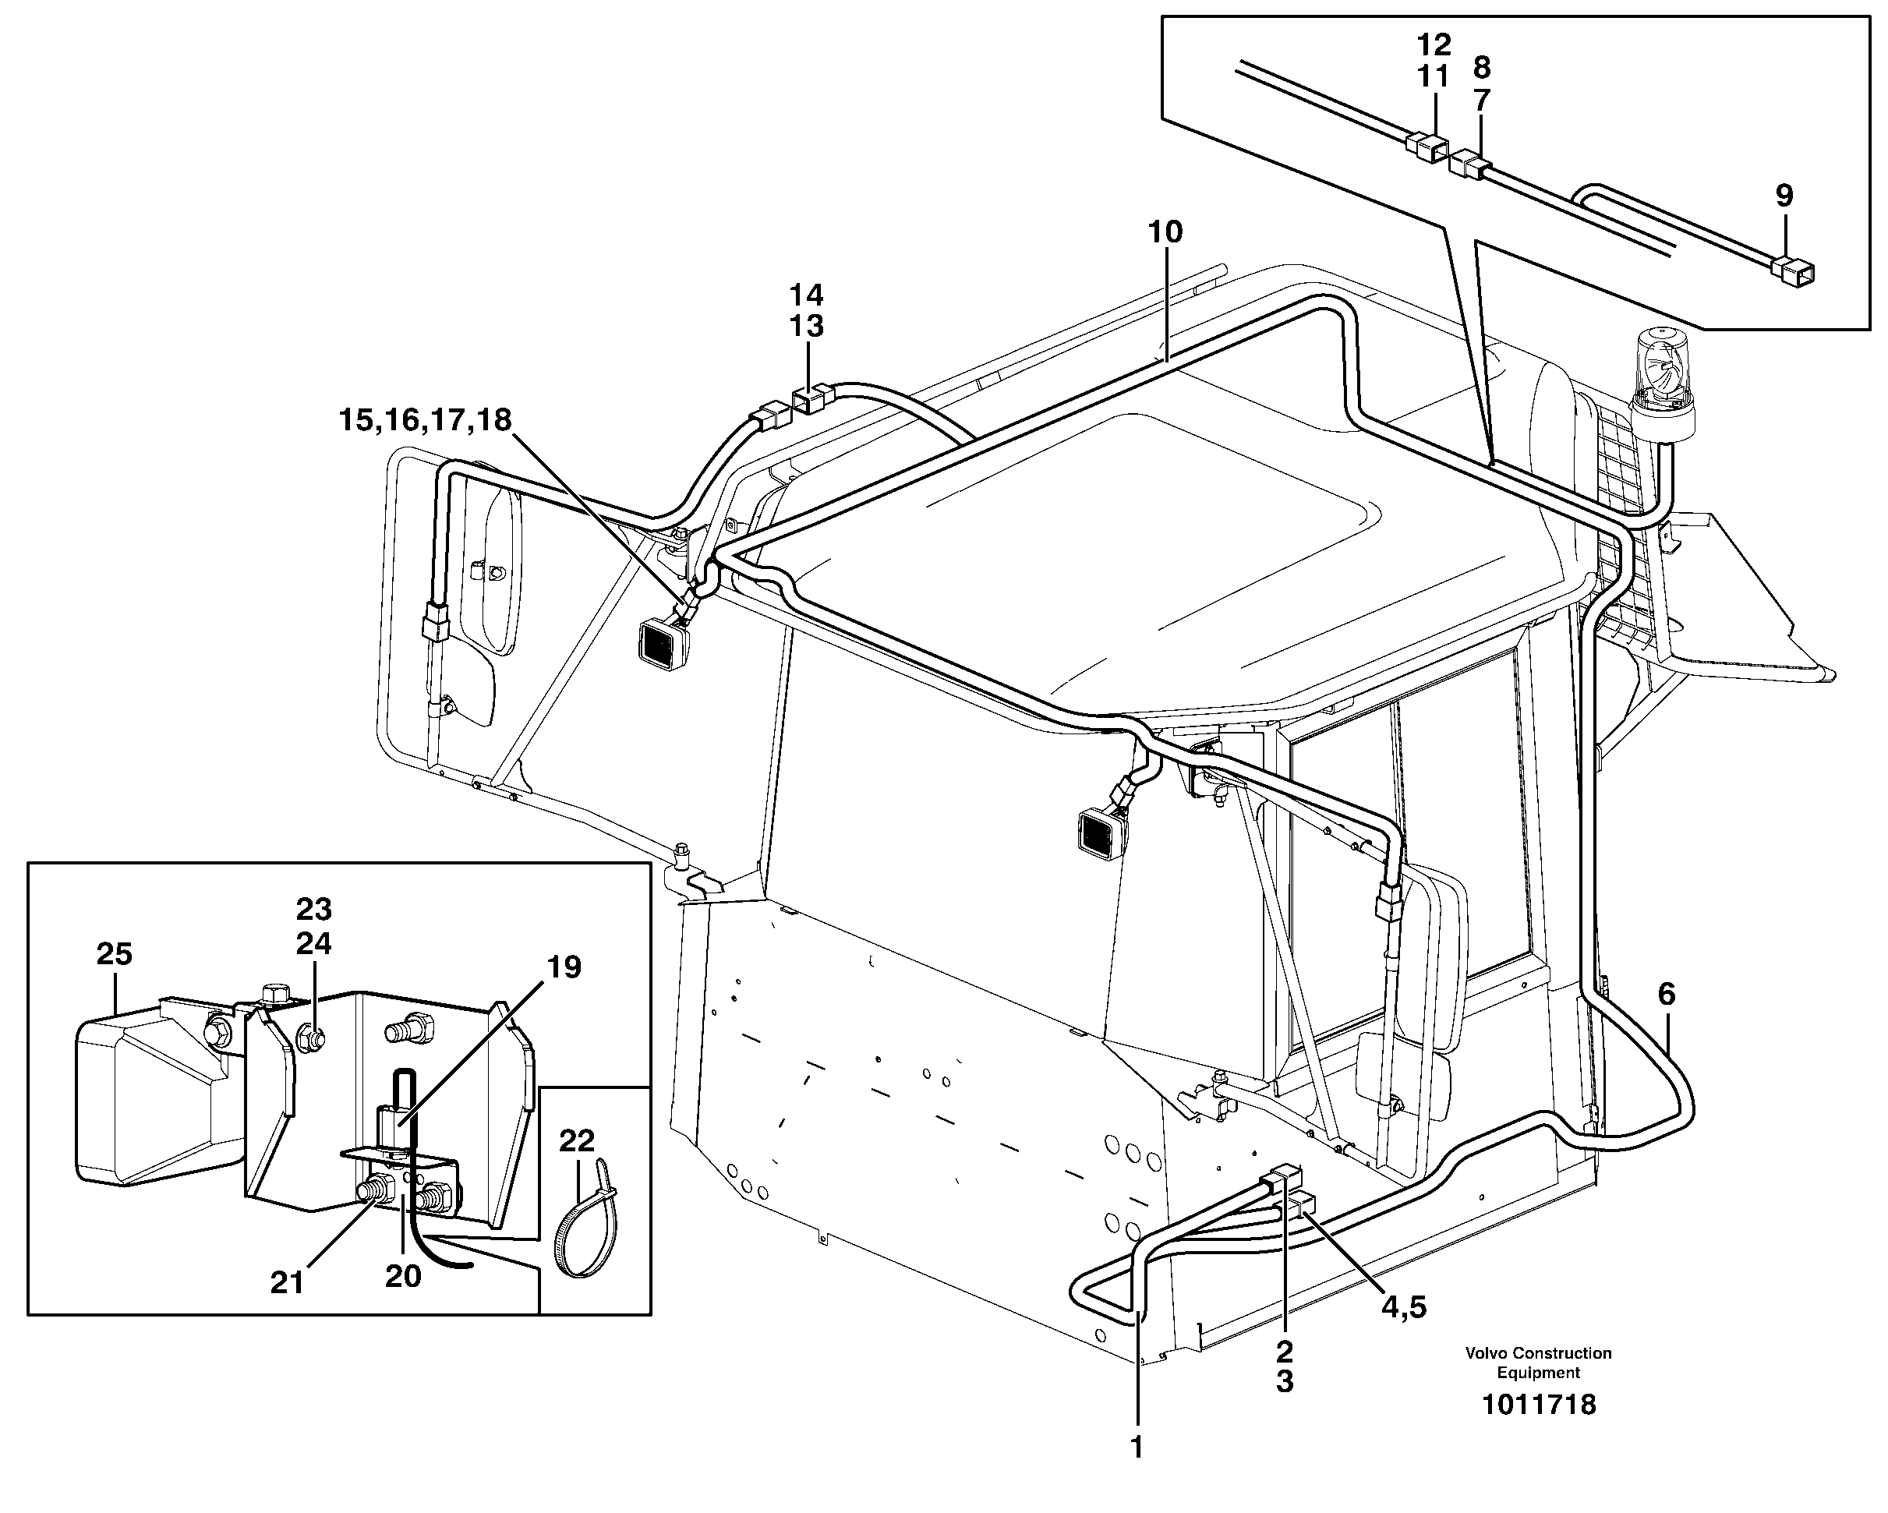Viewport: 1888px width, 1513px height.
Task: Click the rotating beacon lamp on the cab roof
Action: click(1662, 376)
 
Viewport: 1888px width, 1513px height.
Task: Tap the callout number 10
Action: click(1165, 232)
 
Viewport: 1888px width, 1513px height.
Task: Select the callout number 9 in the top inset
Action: click(1784, 195)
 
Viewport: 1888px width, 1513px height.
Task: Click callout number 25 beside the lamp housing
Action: click(114, 953)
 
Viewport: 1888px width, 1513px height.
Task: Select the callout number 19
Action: click(564, 967)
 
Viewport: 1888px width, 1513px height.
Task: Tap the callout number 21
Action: click(286, 1283)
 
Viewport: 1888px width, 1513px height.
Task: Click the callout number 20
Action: click(403, 1277)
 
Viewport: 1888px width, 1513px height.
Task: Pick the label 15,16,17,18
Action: click(425, 420)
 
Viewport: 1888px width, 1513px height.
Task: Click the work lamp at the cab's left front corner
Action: click(666, 644)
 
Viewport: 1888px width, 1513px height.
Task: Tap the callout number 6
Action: click(1666, 994)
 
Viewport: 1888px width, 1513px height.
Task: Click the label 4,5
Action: click(1404, 1307)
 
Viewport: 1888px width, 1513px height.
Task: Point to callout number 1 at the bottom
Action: click(1137, 1448)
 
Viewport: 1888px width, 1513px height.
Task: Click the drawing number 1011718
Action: click(1539, 1405)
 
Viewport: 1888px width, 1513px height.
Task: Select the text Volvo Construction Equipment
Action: click(1539, 1363)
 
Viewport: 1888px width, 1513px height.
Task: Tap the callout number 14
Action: click(807, 294)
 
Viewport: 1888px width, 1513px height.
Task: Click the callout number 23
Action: click(313, 910)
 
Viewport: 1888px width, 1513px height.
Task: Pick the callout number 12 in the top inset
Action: click(1434, 44)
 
